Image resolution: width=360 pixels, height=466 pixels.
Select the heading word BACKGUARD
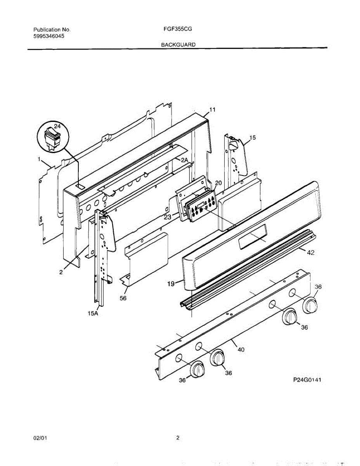pos(178,45)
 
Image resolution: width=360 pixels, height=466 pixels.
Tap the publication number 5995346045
pos(49,36)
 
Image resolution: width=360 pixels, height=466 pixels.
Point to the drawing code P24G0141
pos(307,380)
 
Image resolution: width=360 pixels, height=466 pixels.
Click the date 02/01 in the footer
pos(40,438)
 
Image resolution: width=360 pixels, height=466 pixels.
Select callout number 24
pos(57,126)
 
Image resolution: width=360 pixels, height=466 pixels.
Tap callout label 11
pos(212,110)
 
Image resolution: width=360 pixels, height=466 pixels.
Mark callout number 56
pos(123,298)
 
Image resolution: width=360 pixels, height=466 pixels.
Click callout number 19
pos(171,284)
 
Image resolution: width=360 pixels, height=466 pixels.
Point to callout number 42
pos(310,253)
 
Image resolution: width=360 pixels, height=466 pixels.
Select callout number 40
pos(241,349)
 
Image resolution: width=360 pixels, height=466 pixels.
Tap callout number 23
pos(168,217)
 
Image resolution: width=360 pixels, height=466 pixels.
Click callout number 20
pos(218,183)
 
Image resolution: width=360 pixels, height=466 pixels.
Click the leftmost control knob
pos(198,369)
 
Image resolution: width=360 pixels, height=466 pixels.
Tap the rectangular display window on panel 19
pos(253,237)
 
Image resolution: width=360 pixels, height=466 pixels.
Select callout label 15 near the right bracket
pos(253,137)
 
